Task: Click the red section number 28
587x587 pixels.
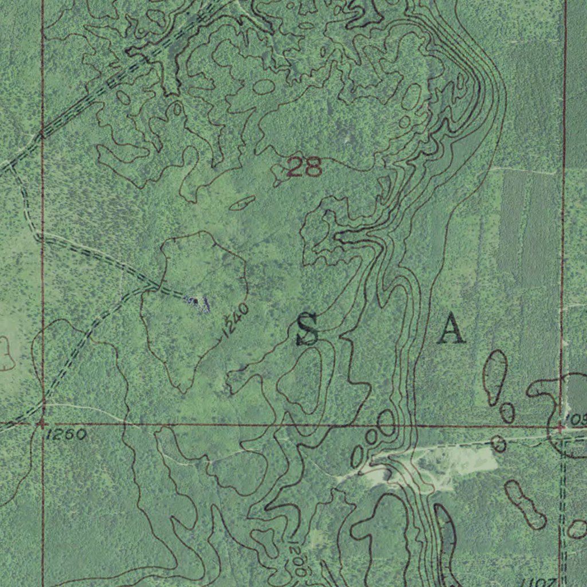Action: point(304,167)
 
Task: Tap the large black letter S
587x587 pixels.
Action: point(307,329)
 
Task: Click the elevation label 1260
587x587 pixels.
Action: point(66,435)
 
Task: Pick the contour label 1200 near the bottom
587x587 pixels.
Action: point(297,558)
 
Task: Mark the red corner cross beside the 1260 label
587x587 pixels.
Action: point(41,424)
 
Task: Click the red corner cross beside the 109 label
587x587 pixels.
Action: point(560,427)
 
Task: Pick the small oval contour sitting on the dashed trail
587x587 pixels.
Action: point(499,443)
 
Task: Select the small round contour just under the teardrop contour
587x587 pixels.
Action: point(507,412)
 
